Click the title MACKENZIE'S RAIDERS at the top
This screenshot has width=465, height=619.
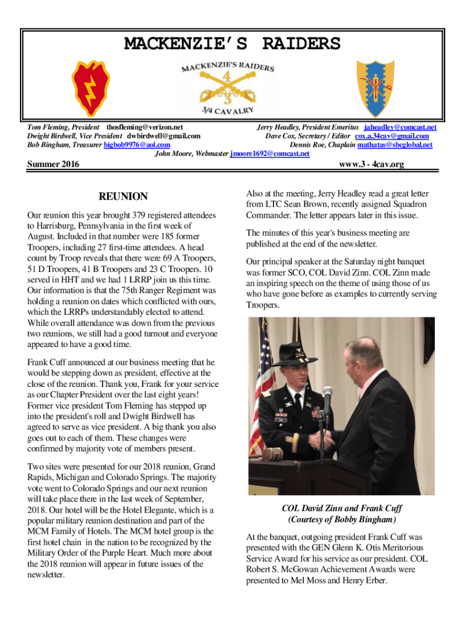tap(232, 44)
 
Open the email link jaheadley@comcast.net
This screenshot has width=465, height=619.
tap(400, 128)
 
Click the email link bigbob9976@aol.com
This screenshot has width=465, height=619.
tap(136, 145)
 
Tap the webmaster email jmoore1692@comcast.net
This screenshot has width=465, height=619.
tap(270, 154)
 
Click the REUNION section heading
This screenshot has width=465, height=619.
tap(123, 196)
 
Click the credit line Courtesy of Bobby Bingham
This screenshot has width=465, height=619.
tap(342, 519)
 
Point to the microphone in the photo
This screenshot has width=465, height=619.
tap(328, 396)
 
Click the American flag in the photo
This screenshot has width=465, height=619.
tap(264, 363)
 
